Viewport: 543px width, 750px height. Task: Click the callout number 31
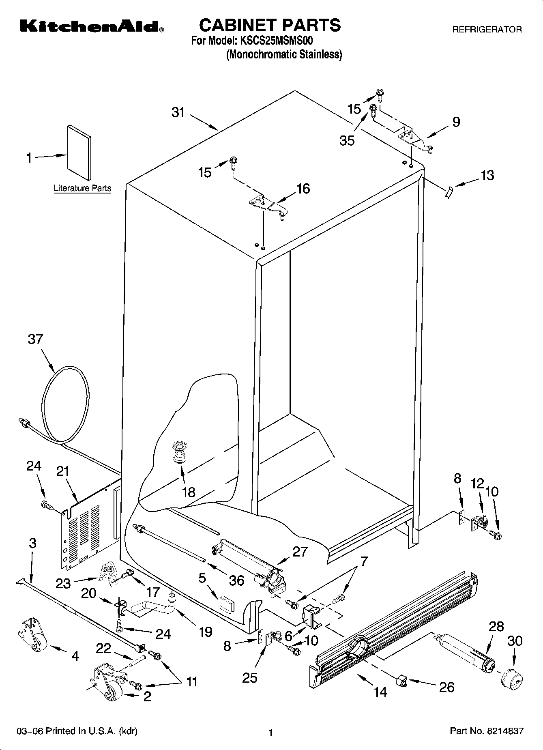[178, 112]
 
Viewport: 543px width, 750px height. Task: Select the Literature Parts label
[82, 188]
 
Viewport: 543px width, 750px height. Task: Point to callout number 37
[35, 339]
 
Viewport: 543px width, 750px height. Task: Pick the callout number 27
[300, 552]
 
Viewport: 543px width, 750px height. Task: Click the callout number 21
[63, 472]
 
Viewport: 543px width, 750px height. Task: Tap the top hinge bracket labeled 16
[269, 205]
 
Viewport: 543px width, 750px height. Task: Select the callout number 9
[456, 122]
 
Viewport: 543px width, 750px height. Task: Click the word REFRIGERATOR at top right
[487, 30]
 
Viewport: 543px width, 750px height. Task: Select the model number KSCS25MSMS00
[277, 41]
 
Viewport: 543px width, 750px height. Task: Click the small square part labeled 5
[226, 604]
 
